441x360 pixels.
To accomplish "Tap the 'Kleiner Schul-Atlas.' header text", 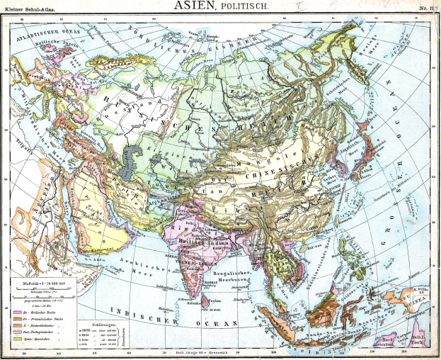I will (x=28, y=9).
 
